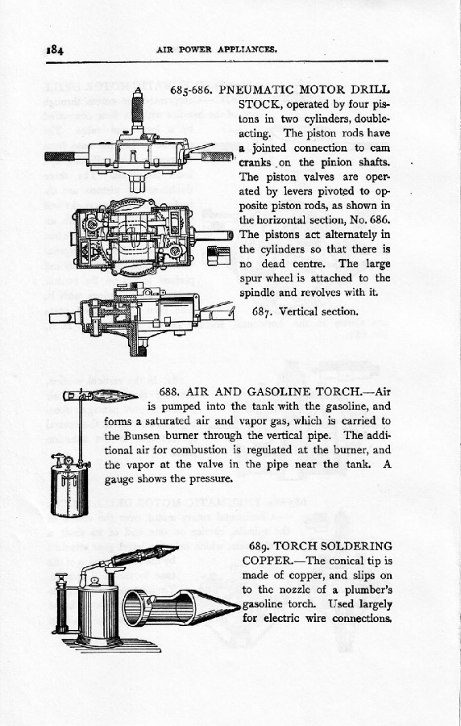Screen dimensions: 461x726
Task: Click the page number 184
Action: pos(55,49)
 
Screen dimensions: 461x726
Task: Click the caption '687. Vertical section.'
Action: pos(305,311)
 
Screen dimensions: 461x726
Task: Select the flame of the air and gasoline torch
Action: pos(114,396)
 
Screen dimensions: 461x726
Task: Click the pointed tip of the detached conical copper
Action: pos(239,606)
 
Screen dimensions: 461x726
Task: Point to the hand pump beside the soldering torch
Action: pos(60,603)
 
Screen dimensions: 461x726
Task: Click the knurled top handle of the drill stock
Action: pos(137,107)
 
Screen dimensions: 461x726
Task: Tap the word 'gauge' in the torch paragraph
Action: pos(118,479)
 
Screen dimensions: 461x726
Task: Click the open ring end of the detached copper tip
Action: pos(138,607)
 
